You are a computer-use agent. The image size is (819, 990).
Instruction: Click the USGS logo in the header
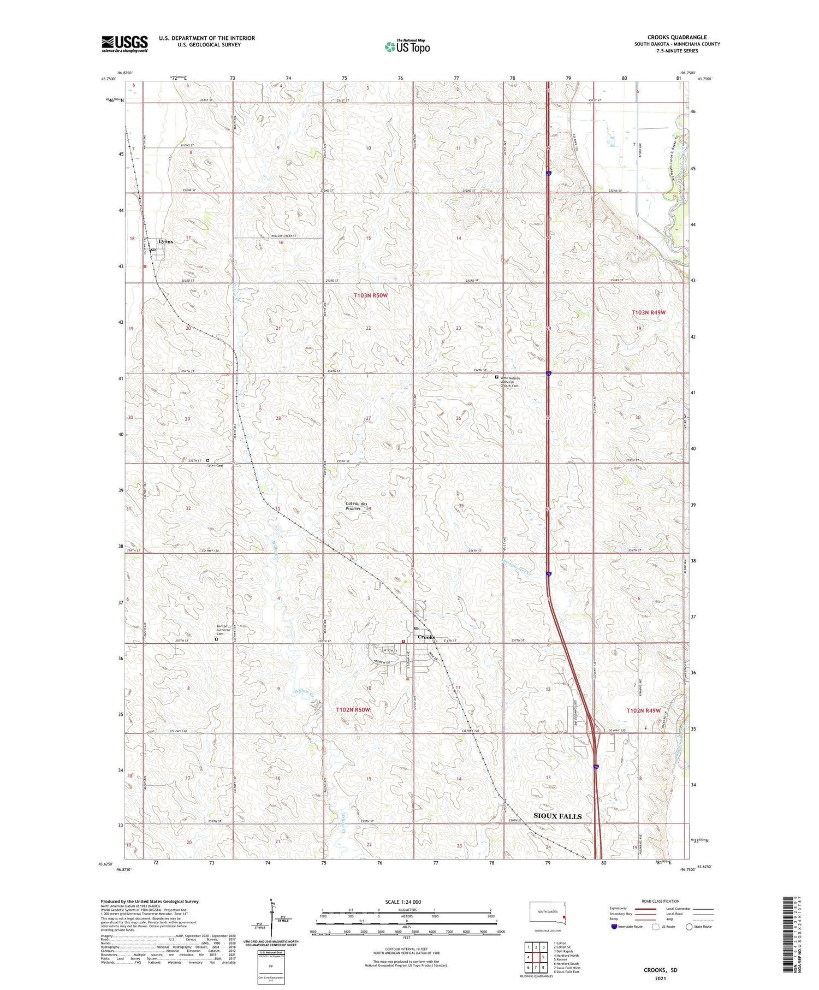click(124, 44)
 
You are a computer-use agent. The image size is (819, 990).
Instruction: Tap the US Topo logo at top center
click(407, 46)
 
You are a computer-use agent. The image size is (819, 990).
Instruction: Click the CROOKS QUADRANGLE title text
click(676, 37)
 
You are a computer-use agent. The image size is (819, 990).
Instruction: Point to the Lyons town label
click(165, 241)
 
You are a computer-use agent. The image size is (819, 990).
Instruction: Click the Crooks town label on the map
click(426, 637)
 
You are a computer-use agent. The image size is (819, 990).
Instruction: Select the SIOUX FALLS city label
click(557, 816)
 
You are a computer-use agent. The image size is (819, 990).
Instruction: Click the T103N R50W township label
click(370, 295)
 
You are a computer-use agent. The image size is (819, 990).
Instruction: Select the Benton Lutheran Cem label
click(222, 630)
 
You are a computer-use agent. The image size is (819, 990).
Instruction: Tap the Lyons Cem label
click(215, 466)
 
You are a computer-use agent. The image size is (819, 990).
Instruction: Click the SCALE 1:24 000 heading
click(406, 902)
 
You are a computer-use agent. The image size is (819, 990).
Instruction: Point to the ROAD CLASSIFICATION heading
click(661, 901)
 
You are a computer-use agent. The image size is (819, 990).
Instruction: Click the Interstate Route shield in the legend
click(614, 926)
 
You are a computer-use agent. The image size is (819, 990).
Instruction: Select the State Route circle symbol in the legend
click(689, 926)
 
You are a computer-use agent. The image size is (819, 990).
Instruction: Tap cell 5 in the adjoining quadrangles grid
click(543, 957)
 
